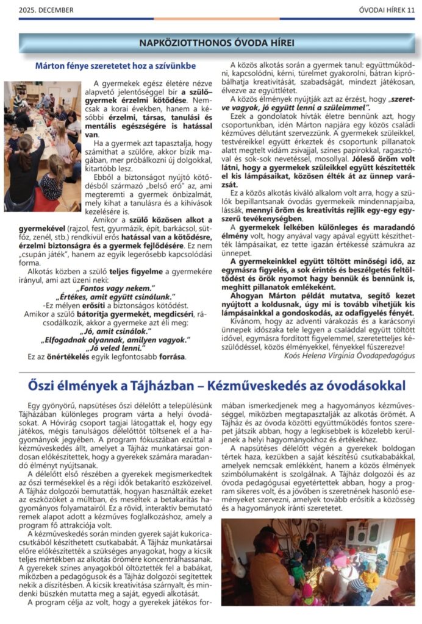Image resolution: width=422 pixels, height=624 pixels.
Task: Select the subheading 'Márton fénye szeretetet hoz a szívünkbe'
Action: [115, 65]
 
